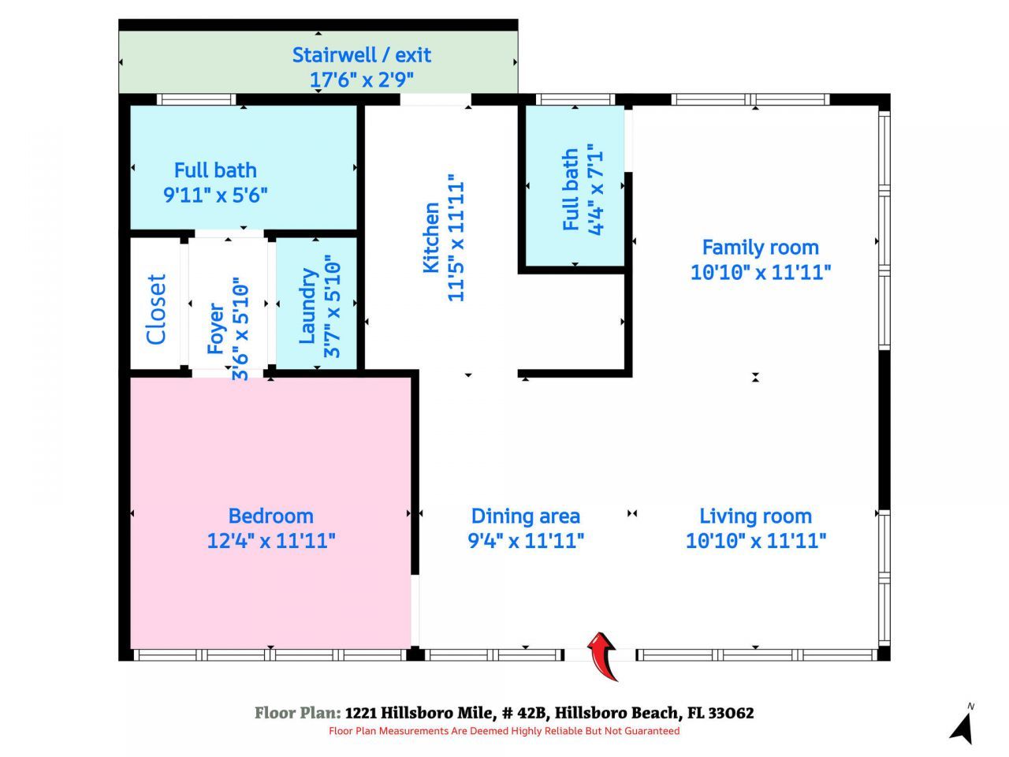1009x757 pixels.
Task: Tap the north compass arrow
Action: click(962, 725)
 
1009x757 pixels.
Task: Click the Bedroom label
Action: click(270, 516)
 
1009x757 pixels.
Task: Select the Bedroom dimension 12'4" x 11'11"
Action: click(270, 541)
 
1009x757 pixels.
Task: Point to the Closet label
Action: click(157, 309)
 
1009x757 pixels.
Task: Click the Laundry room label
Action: click(308, 306)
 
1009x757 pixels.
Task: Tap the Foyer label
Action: click(216, 328)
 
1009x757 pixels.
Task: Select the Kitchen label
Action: click(431, 238)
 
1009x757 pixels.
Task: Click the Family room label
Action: click(760, 248)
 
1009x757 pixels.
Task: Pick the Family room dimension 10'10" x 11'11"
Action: click(760, 273)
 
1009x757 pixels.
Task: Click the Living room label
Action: click(755, 516)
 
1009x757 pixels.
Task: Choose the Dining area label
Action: click(525, 516)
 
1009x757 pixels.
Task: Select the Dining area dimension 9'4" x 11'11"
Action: click(525, 541)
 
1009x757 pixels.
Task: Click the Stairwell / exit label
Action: click(362, 55)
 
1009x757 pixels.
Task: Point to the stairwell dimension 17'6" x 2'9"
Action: click(362, 80)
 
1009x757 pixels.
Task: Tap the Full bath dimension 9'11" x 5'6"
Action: click(215, 195)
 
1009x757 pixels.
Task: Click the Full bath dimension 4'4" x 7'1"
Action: click(596, 189)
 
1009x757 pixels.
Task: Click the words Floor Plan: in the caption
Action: click(297, 713)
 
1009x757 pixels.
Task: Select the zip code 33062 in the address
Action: click(731, 713)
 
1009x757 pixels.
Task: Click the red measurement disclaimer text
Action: click(504, 731)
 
